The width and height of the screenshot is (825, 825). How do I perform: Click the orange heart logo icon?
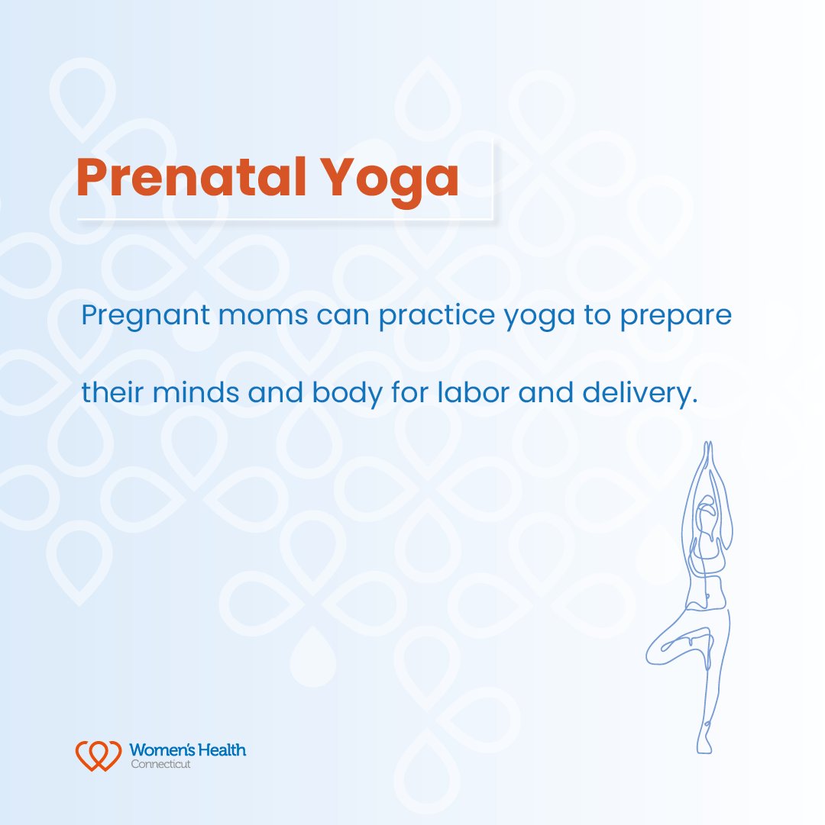(98, 754)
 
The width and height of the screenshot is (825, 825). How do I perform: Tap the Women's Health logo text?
(188, 750)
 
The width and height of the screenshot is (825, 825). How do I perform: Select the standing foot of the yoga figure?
(704, 744)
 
